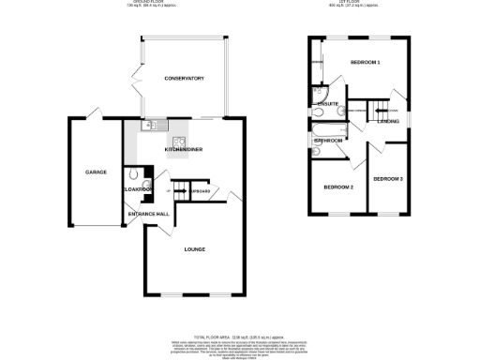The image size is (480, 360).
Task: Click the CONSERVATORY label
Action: tap(183, 78)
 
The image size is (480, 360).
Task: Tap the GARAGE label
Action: tap(96, 172)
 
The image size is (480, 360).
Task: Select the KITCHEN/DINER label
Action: tap(184, 149)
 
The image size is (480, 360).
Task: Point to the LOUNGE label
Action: tap(195, 248)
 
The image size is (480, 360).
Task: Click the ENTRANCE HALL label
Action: tap(149, 214)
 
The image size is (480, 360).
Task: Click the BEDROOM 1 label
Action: tap(365, 62)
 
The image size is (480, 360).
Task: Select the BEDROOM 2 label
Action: tap(338, 187)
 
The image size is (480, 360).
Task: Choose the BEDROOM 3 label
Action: tap(387, 178)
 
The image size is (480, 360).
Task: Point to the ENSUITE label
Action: tap(328, 103)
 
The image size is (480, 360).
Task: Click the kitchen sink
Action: tap(153, 125)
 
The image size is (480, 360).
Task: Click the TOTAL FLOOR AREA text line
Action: tap(239, 336)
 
